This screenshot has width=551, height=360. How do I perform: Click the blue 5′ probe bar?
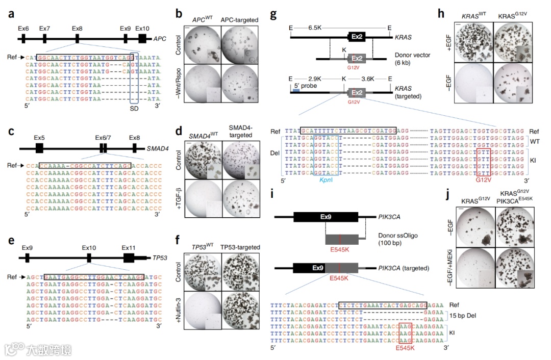click(297, 90)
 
